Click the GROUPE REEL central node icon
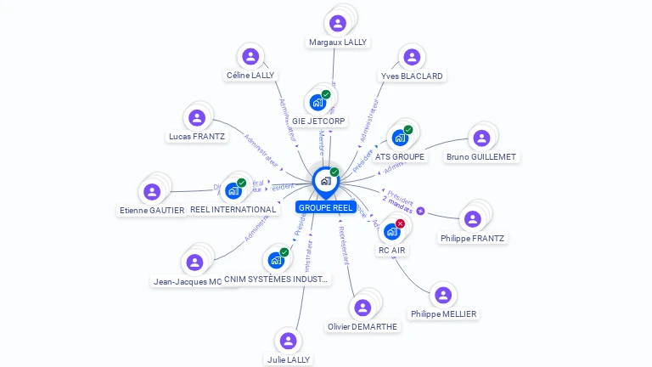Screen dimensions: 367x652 (x=325, y=181)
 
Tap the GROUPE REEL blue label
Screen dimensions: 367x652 (x=325, y=207)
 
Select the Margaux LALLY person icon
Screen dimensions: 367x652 (x=338, y=23)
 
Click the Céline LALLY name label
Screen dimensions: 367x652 (x=250, y=76)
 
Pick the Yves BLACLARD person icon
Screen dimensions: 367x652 (x=412, y=57)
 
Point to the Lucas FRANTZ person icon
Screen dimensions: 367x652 (x=197, y=118)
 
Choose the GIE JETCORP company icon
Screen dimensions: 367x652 (x=318, y=103)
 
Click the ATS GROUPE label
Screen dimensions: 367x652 (x=399, y=156)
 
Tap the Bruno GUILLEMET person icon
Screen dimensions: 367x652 (x=481, y=138)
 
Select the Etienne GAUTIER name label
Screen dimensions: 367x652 (x=152, y=210)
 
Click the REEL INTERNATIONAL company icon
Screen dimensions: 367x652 (x=233, y=191)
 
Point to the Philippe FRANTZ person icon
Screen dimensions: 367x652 (x=473, y=219)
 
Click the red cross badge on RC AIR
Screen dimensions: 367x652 (x=401, y=223)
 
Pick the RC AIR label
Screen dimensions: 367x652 (x=392, y=250)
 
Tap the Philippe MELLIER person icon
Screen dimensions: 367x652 (x=443, y=295)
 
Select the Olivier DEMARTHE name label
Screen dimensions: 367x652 (x=363, y=326)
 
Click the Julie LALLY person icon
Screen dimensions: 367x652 (x=289, y=341)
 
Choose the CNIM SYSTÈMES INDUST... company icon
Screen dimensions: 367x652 (x=276, y=260)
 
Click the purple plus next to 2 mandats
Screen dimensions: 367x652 (x=420, y=211)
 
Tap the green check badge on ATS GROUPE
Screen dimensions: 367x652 (x=408, y=130)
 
